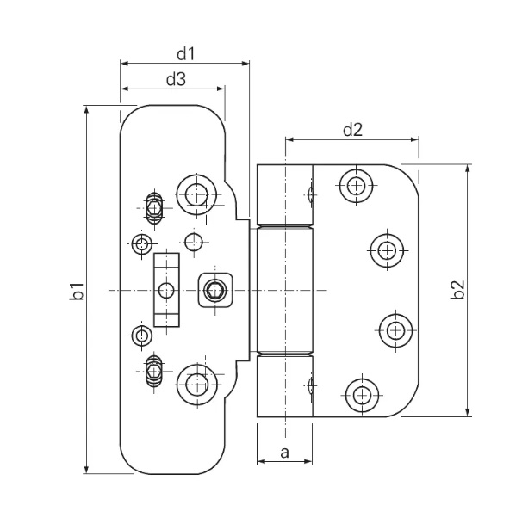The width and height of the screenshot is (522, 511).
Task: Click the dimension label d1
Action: [185, 54]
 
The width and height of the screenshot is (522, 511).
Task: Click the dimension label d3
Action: [176, 79]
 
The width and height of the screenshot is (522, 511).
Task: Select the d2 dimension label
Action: [352, 129]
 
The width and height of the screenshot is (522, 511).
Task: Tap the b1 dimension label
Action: [77, 292]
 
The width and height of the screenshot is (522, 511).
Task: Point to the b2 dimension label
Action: [457, 290]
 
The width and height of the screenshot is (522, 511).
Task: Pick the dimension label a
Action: [284, 453]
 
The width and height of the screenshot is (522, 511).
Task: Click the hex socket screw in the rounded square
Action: [214, 290]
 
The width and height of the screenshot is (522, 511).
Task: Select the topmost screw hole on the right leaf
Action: [356, 186]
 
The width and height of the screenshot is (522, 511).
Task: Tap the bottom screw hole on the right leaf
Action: [362, 395]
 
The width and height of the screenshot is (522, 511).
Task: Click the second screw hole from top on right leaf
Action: [387, 249]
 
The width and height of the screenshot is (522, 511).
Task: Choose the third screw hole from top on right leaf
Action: [396, 330]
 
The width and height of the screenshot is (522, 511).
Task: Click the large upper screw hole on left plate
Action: [196, 194]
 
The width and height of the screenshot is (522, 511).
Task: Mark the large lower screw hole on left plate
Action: [197, 384]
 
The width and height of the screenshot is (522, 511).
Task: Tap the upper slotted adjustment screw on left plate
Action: [154, 208]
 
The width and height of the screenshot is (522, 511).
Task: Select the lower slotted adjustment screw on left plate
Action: [154, 371]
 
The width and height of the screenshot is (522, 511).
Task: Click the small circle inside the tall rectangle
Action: [166, 291]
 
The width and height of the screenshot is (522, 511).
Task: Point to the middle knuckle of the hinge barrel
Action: [285, 290]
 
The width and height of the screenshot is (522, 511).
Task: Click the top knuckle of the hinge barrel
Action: [285, 194]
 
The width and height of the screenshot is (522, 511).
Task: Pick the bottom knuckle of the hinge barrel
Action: [285, 386]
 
